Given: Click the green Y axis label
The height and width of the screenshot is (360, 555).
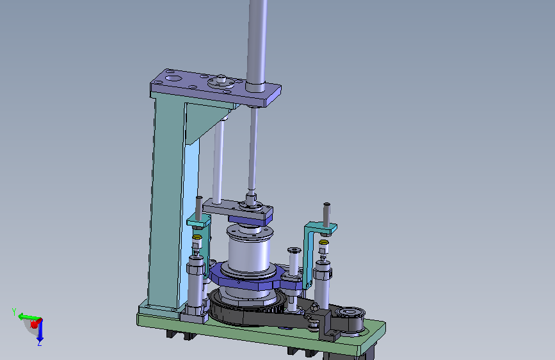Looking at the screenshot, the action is (14, 312).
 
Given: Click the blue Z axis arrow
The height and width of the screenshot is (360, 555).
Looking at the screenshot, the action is (40, 331).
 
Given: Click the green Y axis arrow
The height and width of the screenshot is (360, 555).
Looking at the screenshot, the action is (28, 316).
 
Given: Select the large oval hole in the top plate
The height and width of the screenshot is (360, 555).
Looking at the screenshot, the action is (172, 78).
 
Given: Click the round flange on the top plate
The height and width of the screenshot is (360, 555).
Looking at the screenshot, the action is (221, 83).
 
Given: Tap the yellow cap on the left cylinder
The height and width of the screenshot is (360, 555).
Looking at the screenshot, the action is (197, 237).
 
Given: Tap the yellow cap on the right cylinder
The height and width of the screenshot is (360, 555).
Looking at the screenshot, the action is (323, 243).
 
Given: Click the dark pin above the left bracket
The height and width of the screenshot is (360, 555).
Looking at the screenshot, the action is (199, 208).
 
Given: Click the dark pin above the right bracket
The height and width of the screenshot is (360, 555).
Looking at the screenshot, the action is (326, 215).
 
